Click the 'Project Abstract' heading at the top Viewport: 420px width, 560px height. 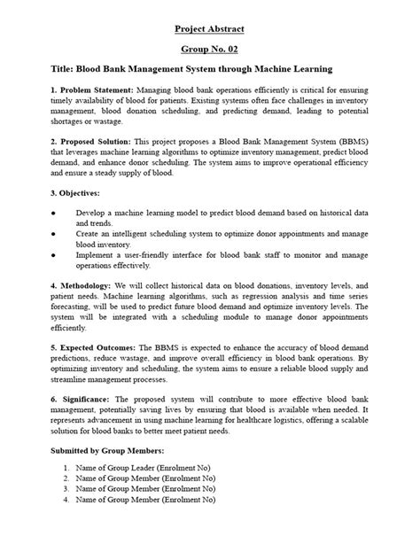coord(209,28)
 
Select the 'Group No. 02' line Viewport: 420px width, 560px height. coord(209,51)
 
